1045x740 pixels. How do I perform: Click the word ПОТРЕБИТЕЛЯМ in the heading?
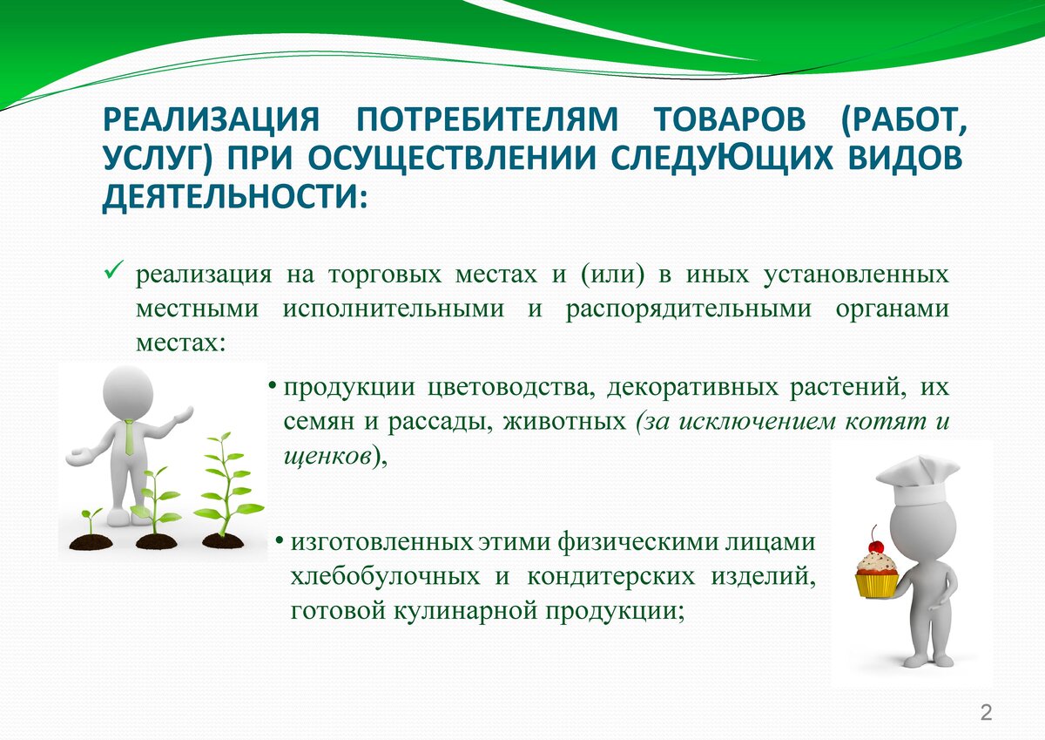click(x=487, y=120)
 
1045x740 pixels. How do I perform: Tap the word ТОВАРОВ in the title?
click(x=729, y=120)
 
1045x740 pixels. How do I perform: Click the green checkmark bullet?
click(x=114, y=269)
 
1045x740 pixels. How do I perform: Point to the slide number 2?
click(x=986, y=712)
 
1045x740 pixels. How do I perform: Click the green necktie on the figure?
click(x=129, y=437)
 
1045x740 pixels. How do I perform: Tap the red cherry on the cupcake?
click(x=877, y=546)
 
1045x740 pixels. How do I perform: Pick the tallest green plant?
click(x=227, y=488)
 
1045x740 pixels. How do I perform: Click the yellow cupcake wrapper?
click(x=877, y=586)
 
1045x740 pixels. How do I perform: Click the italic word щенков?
click(x=327, y=456)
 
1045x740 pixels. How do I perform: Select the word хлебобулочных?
click(x=385, y=577)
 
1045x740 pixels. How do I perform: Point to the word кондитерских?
click(x=611, y=577)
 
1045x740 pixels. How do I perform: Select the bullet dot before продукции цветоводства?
click(x=272, y=387)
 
